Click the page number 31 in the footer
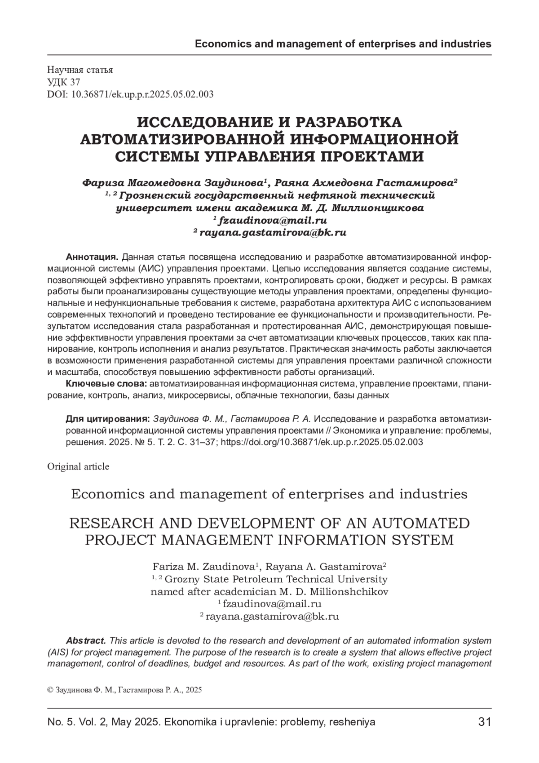click(x=484, y=722)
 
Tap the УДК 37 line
click(x=64, y=82)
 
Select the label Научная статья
click(x=80, y=70)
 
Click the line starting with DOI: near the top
click(x=130, y=94)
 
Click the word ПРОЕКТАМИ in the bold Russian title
click(x=368, y=156)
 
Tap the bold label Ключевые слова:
click(x=106, y=384)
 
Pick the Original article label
click(x=78, y=466)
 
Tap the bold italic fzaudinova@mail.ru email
click(x=272, y=220)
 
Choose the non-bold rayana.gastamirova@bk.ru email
click(x=272, y=617)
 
